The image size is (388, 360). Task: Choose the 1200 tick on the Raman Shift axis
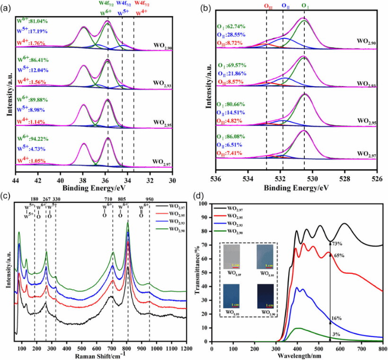pos(186,349)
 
